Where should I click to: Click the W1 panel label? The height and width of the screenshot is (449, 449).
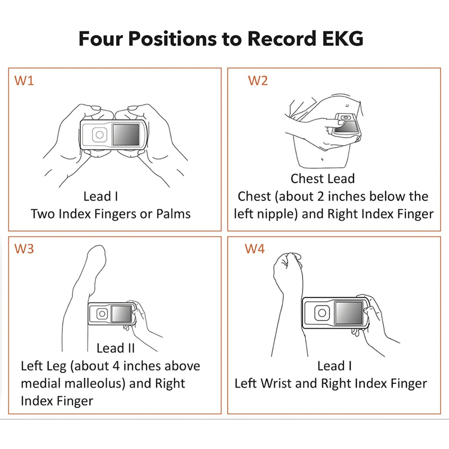click(x=24, y=81)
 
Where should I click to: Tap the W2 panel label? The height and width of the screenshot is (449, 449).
click(x=258, y=81)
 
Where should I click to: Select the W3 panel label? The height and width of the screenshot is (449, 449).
click(x=24, y=249)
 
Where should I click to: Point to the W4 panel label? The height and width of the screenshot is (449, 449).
click(x=255, y=249)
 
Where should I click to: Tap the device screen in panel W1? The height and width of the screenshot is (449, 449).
click(x=126, y=135)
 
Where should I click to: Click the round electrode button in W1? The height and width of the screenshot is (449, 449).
click(x=99, y=135)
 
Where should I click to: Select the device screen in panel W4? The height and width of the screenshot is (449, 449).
click(x=349, y=313)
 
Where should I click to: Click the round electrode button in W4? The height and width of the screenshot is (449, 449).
click(x=322, y=313)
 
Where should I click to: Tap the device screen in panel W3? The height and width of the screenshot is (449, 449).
click(x=121, y=314)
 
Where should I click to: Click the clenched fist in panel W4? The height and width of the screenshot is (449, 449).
click(x=288, y=268)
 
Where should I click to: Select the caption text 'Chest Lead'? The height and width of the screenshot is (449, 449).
click(x=323, y=178)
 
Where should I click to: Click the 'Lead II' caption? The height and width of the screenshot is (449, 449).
click(x=116, y=348)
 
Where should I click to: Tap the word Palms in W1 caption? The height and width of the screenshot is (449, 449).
click(x=173, y=214)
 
